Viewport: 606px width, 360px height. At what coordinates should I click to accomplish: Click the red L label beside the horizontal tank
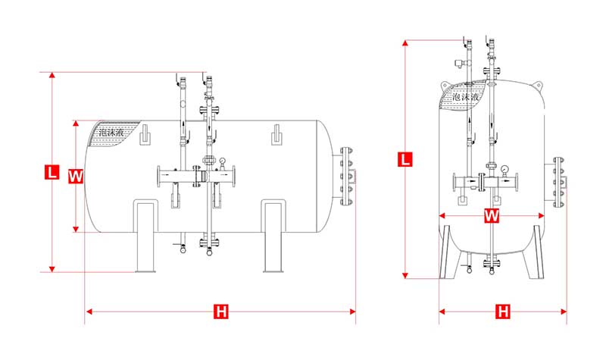[x=52, y=172]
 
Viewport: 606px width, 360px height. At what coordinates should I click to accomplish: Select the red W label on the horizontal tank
[x=75, y=176]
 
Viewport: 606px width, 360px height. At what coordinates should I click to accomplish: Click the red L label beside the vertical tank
[x=405, y=159]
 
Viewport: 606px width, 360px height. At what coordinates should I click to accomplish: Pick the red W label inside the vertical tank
[x=492, y=216]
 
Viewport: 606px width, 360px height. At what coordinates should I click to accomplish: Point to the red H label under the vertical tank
[x=502, y=311]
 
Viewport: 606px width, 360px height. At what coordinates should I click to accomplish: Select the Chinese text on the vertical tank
[x=464, y=97]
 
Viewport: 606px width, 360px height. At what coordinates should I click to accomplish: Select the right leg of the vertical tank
[x=533, y=250]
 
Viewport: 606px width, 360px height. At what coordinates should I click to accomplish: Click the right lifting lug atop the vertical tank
[x=538, y=84]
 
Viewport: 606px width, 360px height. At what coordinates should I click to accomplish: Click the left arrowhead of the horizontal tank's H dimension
[x=87, y=311]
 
